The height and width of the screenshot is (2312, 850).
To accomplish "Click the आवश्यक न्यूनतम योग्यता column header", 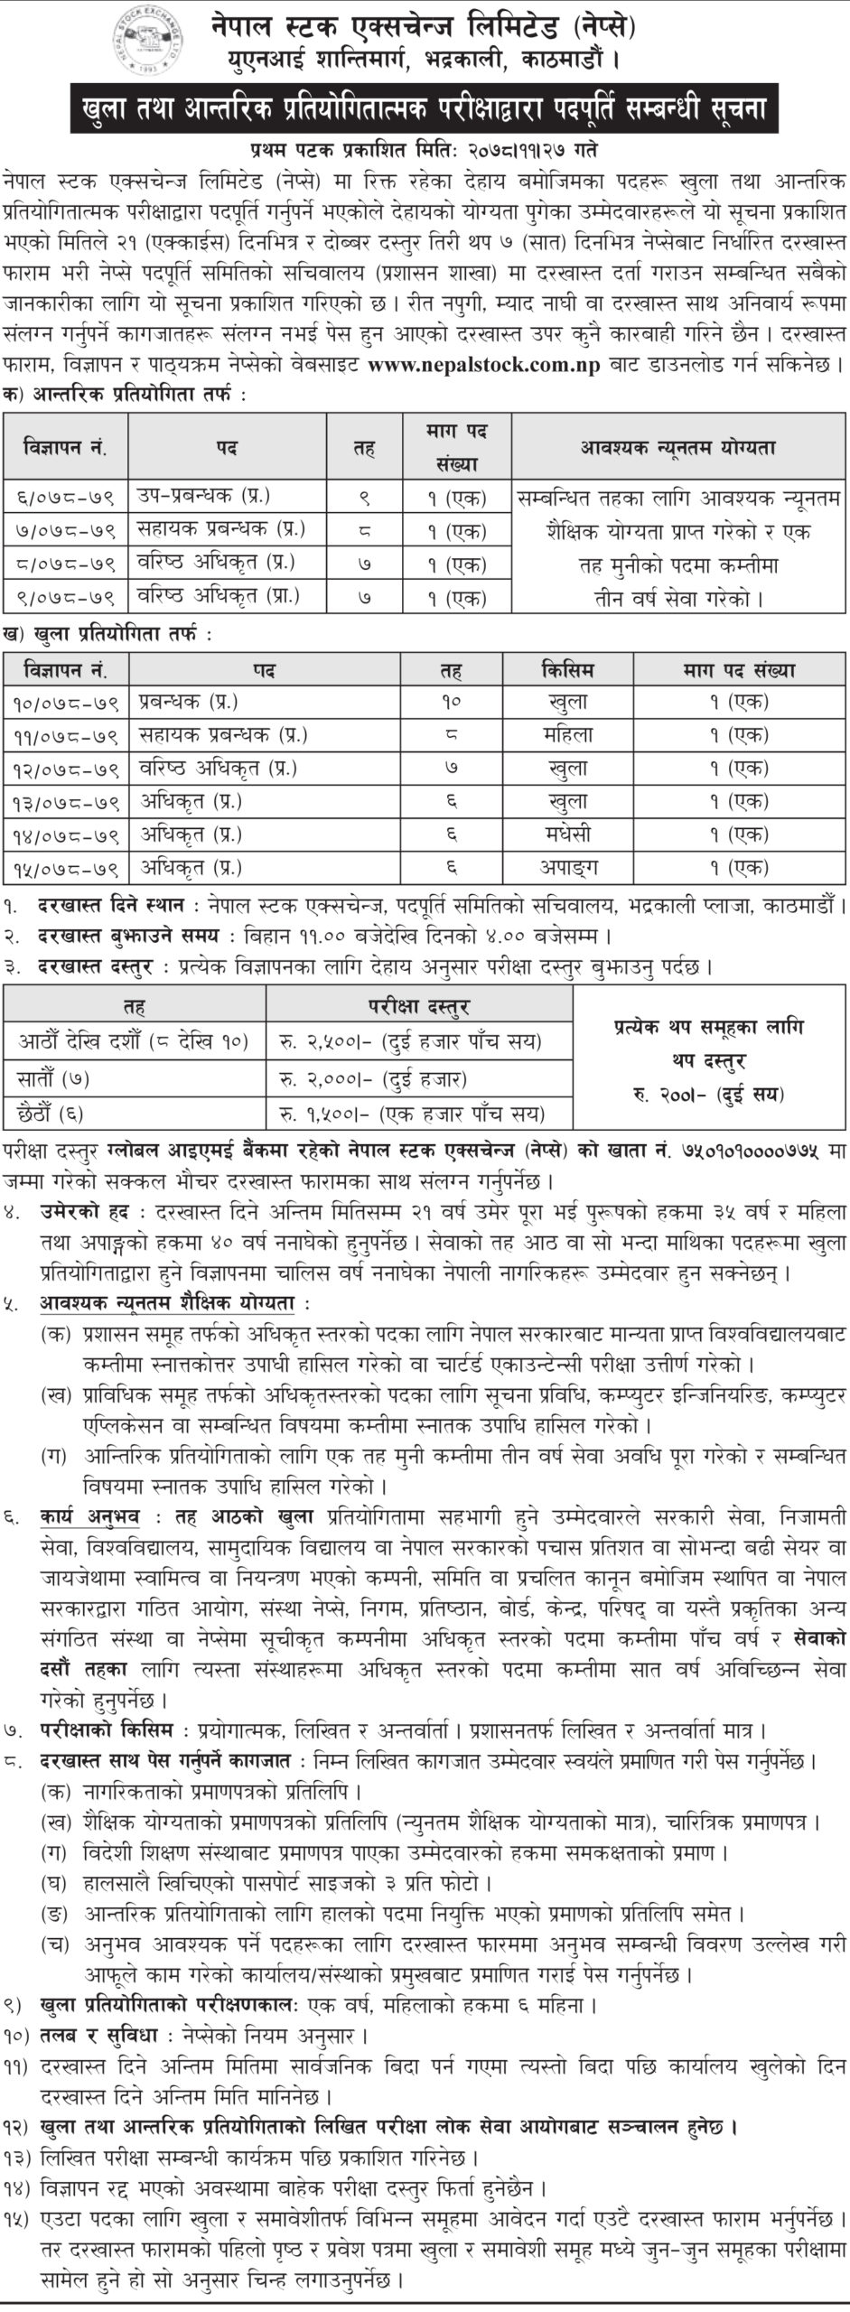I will coord(679,447).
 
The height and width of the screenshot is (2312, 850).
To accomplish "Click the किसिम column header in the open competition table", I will coord(568,670).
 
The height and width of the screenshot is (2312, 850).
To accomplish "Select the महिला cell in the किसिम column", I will coord(568,734).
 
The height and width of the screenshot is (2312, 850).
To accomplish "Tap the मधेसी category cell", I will coord(568,834).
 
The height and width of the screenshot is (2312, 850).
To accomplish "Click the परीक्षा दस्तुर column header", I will coord(418,1005).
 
